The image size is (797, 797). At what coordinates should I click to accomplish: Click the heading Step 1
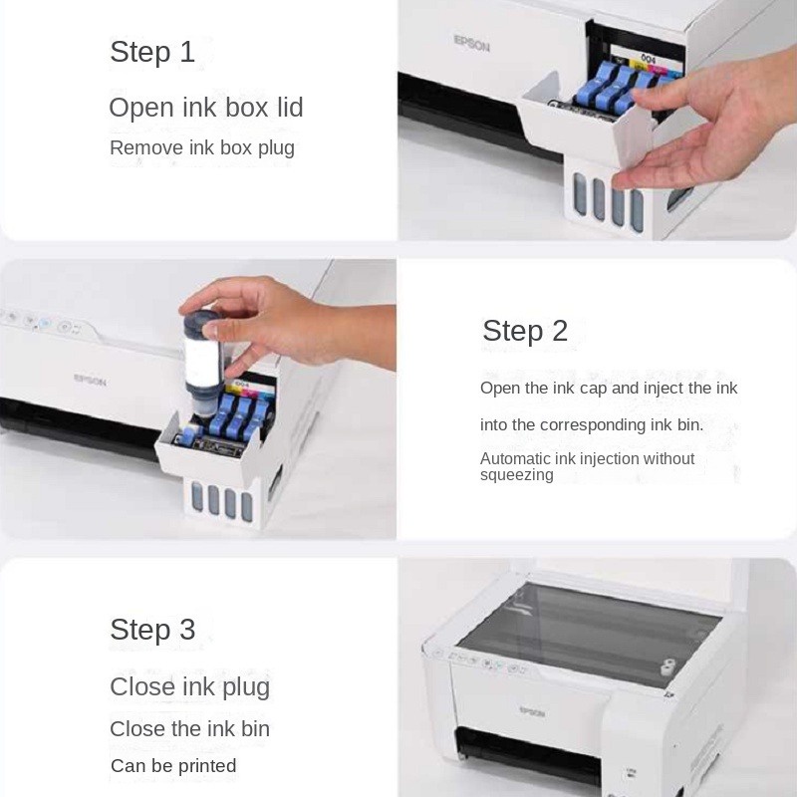152,52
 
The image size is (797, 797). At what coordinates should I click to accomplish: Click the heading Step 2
525,331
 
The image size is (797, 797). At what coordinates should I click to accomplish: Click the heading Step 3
152,630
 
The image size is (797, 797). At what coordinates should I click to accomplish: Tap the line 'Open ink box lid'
206,108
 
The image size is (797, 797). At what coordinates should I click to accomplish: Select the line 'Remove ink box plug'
202,147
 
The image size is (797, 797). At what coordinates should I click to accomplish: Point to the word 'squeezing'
516,475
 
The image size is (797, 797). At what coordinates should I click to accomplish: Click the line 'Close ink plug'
189,686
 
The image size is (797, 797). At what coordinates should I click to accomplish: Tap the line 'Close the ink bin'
189,729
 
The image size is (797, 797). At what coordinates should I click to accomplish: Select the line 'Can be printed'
173,765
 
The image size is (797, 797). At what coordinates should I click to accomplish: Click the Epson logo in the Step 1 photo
471,44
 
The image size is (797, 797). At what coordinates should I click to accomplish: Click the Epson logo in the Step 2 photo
90,380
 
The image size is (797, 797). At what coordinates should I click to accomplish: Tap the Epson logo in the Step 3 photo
532,711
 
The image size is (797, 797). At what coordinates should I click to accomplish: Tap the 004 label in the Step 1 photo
648,58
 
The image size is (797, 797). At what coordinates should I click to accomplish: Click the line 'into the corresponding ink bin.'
592,425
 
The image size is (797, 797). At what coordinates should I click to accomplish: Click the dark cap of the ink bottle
202,324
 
